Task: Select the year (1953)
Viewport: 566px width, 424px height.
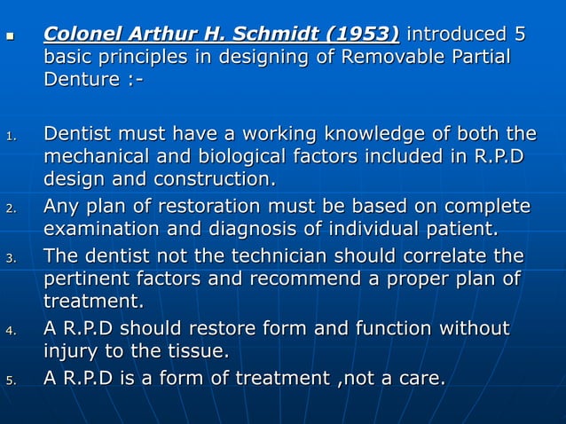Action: pyautogui.click(x=362, y=35)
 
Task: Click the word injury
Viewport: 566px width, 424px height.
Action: pyautogui.click(x=72, y=353)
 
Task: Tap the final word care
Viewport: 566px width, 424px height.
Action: pyautogui.click(x=421, y=379)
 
